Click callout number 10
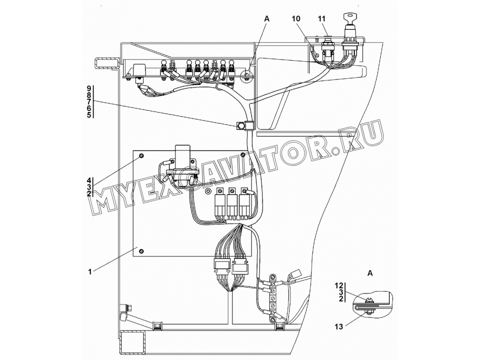pos(296,18)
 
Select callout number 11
pos(321,18)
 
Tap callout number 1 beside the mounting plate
pos(90,271)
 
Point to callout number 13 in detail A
pos(339,327)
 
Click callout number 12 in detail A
pos(339,285)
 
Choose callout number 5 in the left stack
pos(89,115)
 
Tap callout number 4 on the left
pos(89,180)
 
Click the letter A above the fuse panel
pos(266,18)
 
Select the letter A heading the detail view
pos(370,273)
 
